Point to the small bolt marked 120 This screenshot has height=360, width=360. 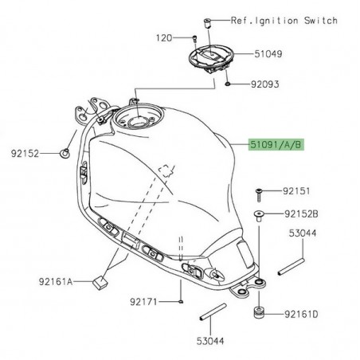coord(194,37)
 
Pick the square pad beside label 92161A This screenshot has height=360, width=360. coord(100,280)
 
